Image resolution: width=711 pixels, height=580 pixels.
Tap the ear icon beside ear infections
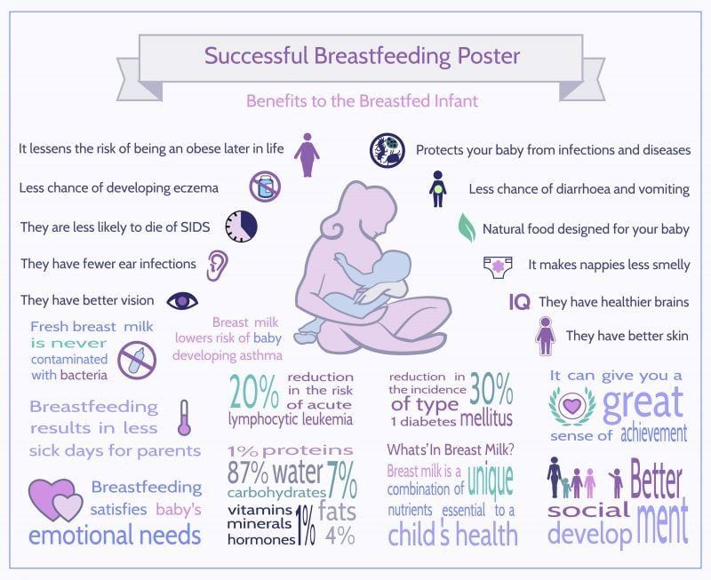[x=217, y=264]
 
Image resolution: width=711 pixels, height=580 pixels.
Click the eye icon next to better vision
[x=182, y=301]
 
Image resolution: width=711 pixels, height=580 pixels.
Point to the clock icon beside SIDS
[x=241, y=226]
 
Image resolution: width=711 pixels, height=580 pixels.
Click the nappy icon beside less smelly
[x=499, y=265]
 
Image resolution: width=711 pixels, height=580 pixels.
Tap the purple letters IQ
[x=519, y=303]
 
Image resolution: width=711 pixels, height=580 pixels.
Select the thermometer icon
[x=185, y=417]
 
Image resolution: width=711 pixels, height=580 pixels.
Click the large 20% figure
[x=253, y=392]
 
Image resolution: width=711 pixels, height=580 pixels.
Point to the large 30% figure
[x=491, y=387]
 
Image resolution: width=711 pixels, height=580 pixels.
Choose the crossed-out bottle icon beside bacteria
[x=137, y=358]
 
